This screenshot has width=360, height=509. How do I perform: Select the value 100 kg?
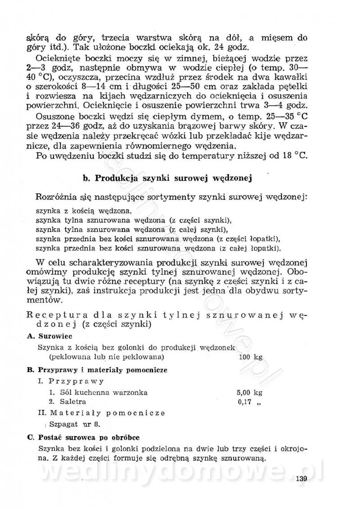tap(251, 357)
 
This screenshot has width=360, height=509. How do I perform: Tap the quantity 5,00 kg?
tap(249, 392)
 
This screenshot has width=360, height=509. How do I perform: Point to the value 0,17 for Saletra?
tap(244, 401)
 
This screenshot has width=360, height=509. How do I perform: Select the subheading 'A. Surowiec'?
tap(47, 336)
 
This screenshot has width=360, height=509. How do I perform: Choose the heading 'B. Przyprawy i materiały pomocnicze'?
tap(97, 369)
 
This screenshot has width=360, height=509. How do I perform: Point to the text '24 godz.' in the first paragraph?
tap(241, 47)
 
